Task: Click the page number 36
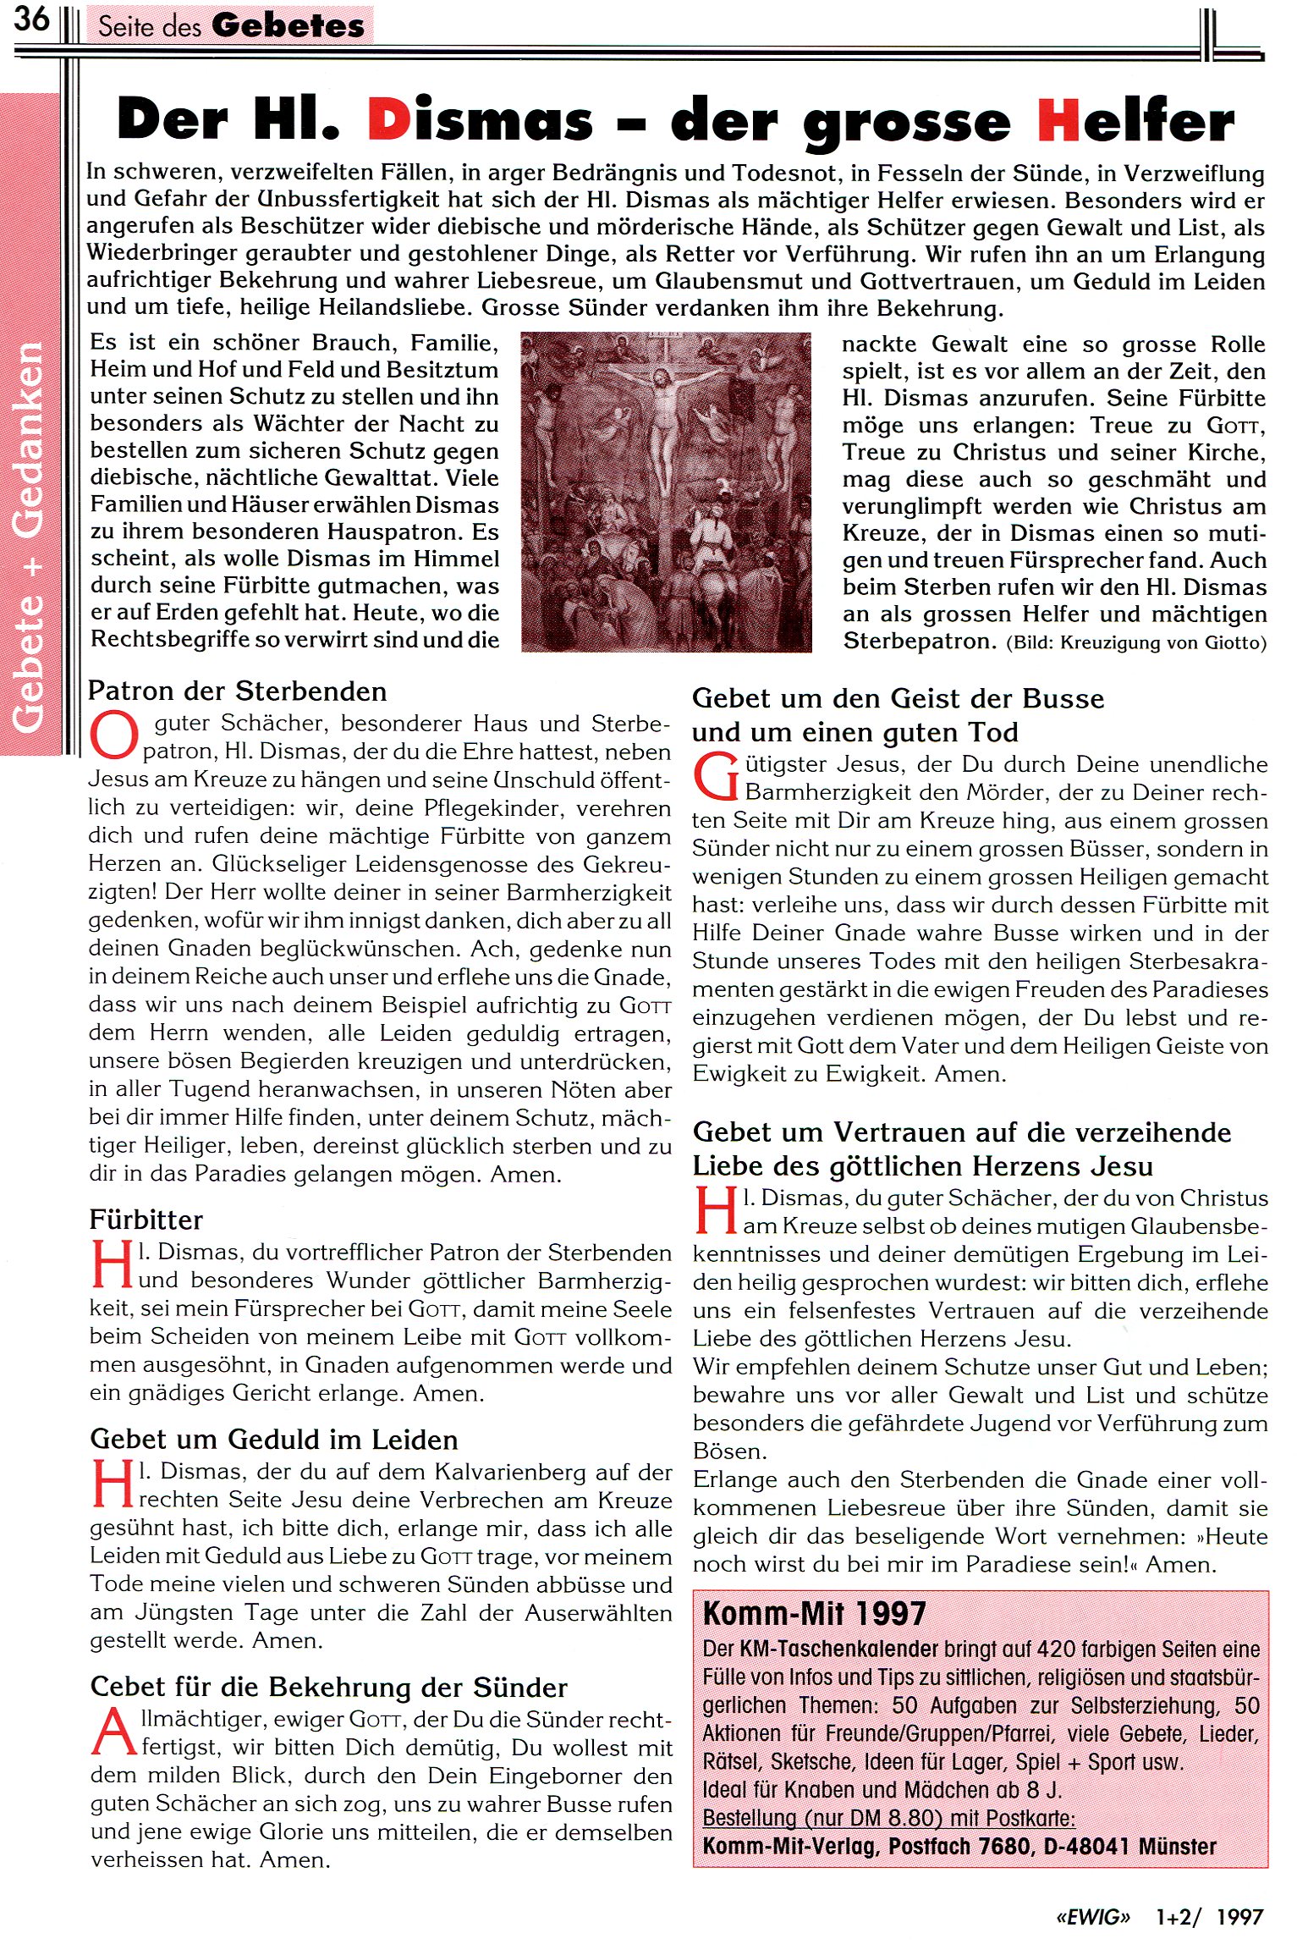point(31,19)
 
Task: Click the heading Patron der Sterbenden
point(237,691)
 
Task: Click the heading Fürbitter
point(146,1220)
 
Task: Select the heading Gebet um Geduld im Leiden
point(273,1440)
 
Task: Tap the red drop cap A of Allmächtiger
point(113,1732)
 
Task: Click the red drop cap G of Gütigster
point(716,777)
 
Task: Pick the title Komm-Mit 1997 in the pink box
point(814,1614)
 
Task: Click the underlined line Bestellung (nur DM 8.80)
point(888,1818)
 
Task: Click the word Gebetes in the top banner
point(289,25)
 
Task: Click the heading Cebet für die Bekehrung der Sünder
point(328,1687)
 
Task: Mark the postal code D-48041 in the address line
point(1086,1846)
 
